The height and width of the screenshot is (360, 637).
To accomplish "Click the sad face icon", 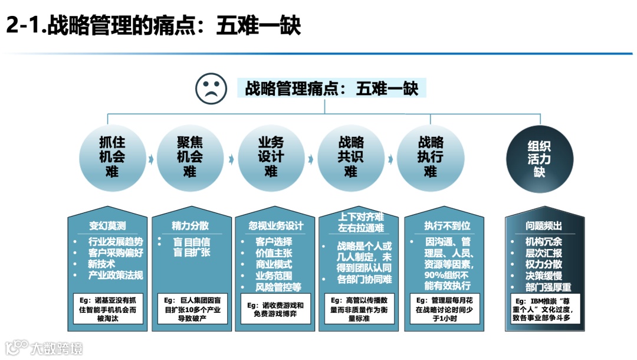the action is coord(211,89).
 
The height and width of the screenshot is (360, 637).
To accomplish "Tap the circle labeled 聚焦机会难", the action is coord(190,156).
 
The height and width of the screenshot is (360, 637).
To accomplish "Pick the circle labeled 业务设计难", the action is coord(271,156).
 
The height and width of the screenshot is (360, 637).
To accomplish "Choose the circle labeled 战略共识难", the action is coord(350,156).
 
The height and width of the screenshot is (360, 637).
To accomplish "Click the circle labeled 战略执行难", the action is coord(430,156).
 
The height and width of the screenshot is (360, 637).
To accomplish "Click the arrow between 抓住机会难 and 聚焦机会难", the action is coord(150,159).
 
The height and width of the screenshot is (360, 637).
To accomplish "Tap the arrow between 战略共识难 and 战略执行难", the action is coord(390,159).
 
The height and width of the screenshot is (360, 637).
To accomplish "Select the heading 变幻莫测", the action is coord(107,226).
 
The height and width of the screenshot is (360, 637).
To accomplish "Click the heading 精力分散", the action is coord(190,226).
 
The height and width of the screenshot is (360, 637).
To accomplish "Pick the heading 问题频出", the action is coord(543,226).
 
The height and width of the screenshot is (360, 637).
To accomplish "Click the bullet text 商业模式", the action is coord(273,264).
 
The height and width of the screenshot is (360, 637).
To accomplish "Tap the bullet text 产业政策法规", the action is coord(116,275).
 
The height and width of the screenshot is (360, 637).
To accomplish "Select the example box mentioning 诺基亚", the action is coord(107,308).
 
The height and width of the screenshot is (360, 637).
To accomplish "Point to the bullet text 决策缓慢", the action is coord(543,276).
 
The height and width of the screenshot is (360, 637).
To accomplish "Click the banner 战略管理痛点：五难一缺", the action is coord(331,89).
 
